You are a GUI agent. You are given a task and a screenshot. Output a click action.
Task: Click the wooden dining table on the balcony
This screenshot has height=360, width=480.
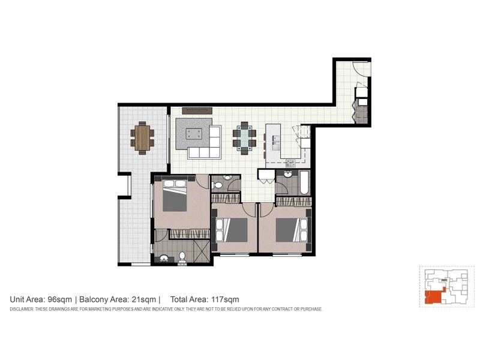(x=142, y=137)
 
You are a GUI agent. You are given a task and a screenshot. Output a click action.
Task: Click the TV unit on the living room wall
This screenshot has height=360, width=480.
(x=197, y=110)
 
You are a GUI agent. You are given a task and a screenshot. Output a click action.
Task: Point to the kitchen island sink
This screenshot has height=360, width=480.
(x=275, y=142)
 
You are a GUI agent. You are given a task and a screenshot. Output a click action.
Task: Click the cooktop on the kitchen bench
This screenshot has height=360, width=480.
(x=290, y=161)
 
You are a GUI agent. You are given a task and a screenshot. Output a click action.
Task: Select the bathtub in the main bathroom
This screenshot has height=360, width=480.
(x=303, y=183)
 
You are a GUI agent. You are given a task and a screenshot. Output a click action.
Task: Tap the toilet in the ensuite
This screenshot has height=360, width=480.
(x=182, y=257)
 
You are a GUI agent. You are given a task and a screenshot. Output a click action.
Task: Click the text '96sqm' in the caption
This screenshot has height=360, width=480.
(x=61, y=299)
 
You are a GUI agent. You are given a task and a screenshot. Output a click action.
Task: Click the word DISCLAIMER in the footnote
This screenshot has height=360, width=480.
(x=23, y=309)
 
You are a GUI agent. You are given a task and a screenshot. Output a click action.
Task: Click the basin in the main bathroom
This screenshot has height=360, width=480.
(x=287, y=175)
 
